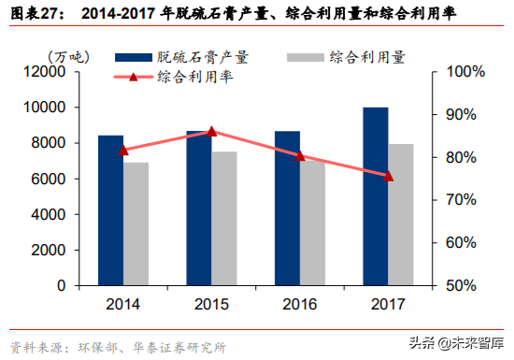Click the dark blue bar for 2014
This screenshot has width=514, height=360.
pos(110,209)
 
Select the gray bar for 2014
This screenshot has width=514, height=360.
pos(136,223)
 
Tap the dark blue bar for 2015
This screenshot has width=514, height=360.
pos(198,208)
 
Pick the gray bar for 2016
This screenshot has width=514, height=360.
pos(312,223)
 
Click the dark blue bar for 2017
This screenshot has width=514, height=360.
pos(375,195)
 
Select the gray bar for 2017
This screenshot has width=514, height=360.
pos(400,214)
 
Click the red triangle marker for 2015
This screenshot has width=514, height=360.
pos(211,132)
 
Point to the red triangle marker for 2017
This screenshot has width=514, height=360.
pos(388,175)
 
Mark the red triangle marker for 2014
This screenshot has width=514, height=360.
pos(123,150)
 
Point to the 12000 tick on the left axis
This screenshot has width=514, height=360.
pos(55,72)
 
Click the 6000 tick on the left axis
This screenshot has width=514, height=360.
pos(59,179)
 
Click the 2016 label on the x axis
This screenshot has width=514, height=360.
pos(299,305)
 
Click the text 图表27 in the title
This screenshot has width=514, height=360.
pos(34,16)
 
